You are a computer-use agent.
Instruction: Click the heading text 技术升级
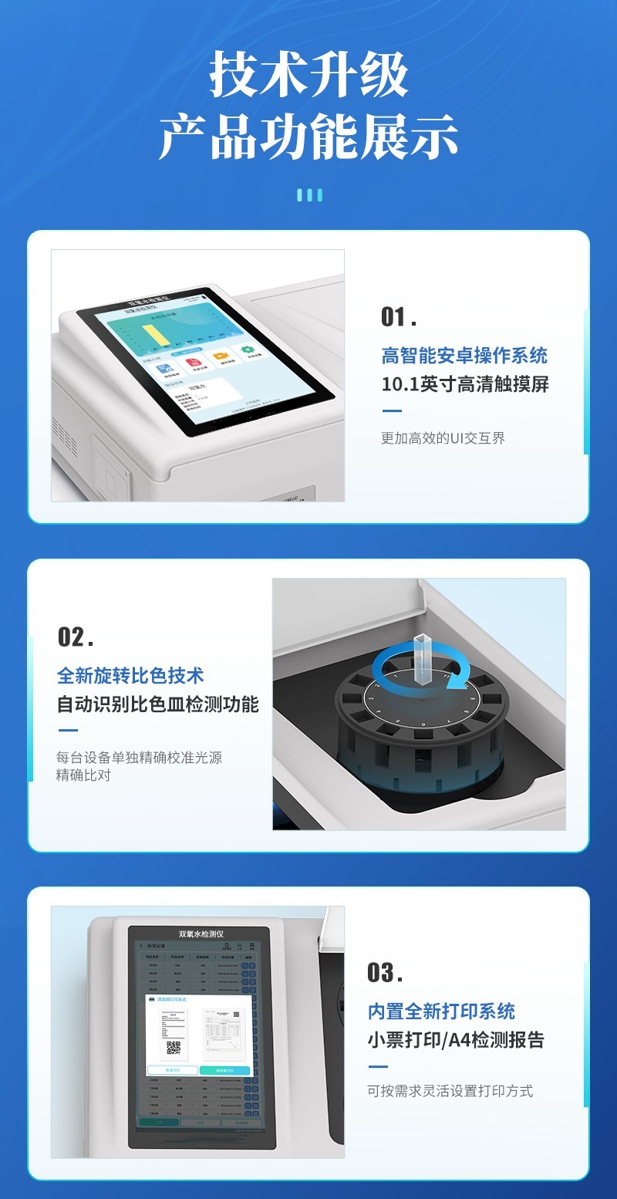(308, 76)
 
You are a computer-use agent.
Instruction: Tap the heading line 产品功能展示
(308, 138)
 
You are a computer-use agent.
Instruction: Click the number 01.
(398, 317)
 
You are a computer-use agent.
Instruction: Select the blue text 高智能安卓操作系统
(464, 356)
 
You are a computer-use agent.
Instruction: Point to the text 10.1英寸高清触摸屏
(465, 384)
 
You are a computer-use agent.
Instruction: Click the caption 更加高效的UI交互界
(443, 438)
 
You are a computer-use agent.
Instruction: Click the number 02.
(75, 637)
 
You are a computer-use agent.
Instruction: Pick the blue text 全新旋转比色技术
(130, 676)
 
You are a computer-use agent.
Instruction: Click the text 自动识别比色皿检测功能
(158, 704)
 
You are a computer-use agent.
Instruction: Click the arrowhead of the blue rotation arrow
(460, 679)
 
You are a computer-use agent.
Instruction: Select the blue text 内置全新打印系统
(441, 1012)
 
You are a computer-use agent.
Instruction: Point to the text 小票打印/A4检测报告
(456, 1040)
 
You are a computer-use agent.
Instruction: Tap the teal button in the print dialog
(224, 1071)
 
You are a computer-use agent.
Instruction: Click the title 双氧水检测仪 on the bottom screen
(201, 934)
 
